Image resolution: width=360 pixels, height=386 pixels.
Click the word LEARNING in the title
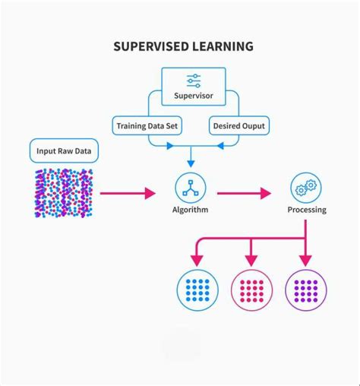tap(223, 47)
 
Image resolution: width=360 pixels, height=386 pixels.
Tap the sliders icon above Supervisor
tap(193, 81)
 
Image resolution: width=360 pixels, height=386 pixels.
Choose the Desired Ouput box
tap(240, 125)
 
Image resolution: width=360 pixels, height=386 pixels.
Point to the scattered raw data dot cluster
tap(64, 193)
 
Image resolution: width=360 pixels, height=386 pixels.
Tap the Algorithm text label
tap(190, 210)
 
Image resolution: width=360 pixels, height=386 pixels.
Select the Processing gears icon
tap(306, 187)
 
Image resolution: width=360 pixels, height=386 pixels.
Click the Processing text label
tap(306, 210)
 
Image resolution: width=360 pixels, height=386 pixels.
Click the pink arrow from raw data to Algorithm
tap(126, 194)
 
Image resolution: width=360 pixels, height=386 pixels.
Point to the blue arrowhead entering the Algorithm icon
tap(190, 162)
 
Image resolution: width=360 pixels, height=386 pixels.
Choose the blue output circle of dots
tap(197, 290)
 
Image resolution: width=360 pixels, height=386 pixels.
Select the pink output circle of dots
tap(251, 290)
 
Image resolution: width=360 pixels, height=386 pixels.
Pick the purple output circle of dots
tap(306, 290)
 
